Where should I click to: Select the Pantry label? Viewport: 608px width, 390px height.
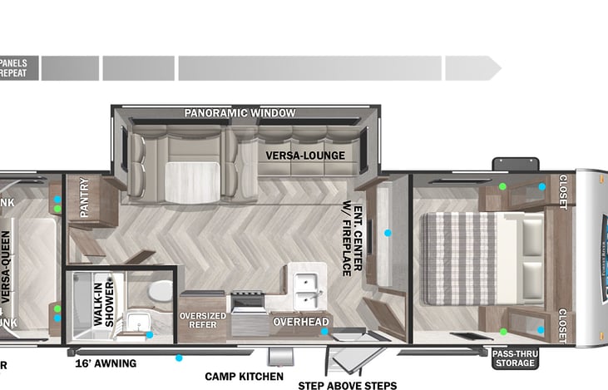pyautogui.click(x=85, y=199)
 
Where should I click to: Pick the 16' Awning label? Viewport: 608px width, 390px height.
pyautogui.click(x=105, y=363)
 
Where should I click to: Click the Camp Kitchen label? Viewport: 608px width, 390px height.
pyautogui.click(x=238, y=376)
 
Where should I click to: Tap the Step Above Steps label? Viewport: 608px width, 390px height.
pyautogui.click(x=347, y=385)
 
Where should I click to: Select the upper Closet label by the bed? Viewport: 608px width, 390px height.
pyautogui.click(x=563, y=192)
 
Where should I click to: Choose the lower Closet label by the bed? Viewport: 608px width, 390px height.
pyautogui.click(x=563, y=324)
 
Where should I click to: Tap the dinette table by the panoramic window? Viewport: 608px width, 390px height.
pyautogui.click(x=193, y=176)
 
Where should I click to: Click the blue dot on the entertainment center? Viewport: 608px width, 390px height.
pyautogui.click(x=387, y=233)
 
